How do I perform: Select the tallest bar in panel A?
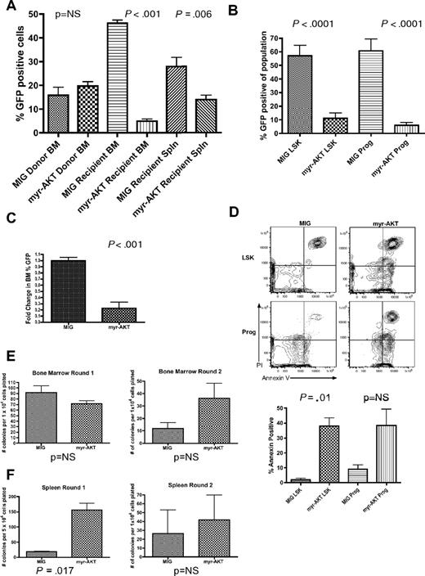coord(123,78)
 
